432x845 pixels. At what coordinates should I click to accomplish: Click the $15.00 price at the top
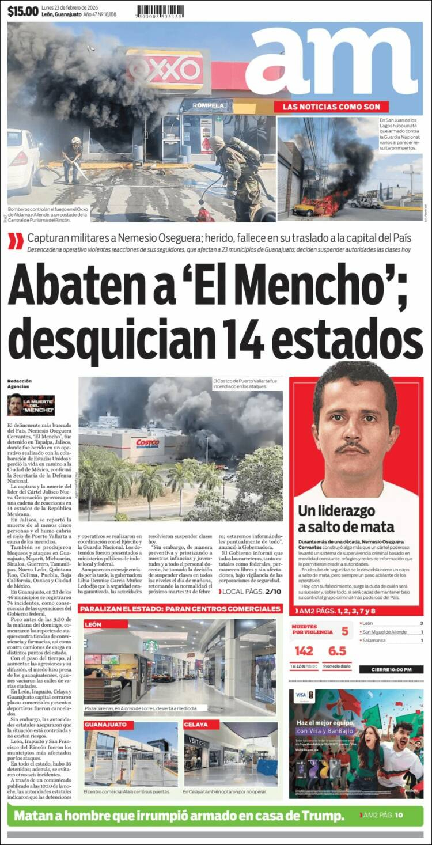tap(23, 10)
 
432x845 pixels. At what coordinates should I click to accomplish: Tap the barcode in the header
tap(160, 10)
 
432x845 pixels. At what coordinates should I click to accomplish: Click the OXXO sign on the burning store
tap(165, 70)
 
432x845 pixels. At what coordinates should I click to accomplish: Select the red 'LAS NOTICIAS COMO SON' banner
tap(331, 107)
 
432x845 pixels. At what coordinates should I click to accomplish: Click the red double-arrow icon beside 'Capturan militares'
tap(16, 241)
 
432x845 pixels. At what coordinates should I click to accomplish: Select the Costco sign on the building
tap(148, 443)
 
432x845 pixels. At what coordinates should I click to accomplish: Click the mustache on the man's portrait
tap(353, 448)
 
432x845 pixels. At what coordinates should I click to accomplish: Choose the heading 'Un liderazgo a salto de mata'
tap(346, 518)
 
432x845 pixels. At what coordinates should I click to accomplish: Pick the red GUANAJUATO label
tap(109, 725)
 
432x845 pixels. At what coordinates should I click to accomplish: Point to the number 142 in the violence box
tap(304, 651)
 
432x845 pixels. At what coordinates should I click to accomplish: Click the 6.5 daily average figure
tap(336, 651)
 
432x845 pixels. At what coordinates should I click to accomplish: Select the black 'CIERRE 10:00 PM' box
tap(391, 669)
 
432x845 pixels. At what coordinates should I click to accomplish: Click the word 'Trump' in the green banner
tap(320, 816)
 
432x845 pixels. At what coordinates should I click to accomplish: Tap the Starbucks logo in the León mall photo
tap(151, 646)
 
